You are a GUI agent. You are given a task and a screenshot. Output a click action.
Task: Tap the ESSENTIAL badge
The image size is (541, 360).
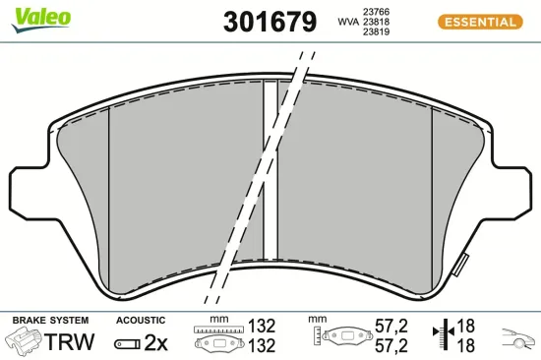point(479,21)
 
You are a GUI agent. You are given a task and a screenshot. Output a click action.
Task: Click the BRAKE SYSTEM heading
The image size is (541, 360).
point(50,321)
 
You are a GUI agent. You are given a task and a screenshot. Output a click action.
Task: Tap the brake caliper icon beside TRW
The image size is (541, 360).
point(25,341)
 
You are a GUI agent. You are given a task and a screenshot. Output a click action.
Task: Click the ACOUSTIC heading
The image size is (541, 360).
point(141,321)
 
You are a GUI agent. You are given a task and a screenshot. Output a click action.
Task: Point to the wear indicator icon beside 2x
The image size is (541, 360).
point(128,343)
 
